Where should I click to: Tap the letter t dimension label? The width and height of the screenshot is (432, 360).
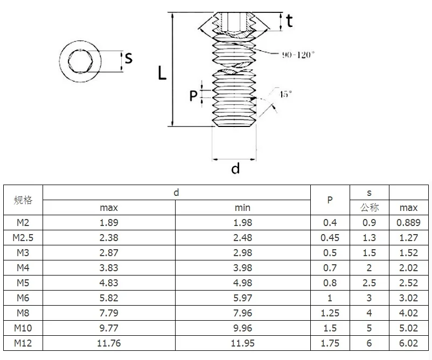tap(289, 21)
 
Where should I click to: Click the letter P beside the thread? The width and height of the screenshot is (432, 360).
tap(193, 96)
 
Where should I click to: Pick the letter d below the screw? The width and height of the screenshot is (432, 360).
tap(235, 168)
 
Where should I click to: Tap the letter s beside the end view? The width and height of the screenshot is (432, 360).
tap(128, 58)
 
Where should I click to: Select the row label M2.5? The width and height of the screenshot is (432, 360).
tap(23, 237)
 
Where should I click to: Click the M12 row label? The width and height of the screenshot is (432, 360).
tap(23, 343)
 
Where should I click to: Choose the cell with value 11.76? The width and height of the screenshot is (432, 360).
tap(109, 343)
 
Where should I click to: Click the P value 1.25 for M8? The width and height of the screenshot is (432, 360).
tap(330, 313)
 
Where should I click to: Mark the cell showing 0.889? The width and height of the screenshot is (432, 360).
tap(409, 222)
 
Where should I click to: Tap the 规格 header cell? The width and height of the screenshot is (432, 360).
tap(23, 200)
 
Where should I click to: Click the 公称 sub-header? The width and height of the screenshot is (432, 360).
tap(369, 207)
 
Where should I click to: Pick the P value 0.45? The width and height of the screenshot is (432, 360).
tap(330, 237)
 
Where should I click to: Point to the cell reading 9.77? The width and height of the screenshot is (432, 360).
tap(109, 328)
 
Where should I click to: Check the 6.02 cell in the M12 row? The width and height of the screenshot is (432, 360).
tap(409, 343)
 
